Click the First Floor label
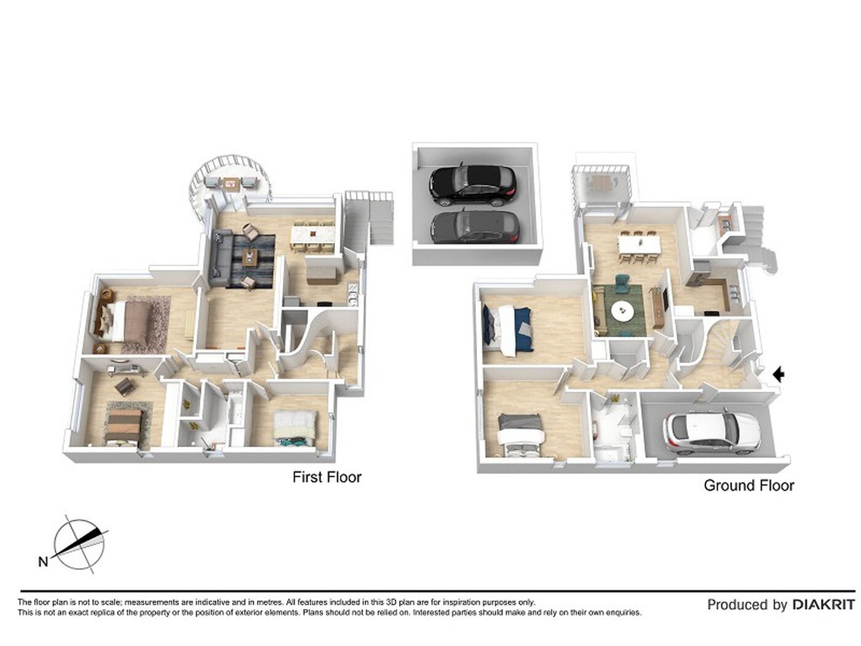[x=327, y=477]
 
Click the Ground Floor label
[x=748, y=485]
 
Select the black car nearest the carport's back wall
[x=473, y=186]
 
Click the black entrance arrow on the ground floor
[x=778, y=374]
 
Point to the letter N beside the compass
[x=43, y=562]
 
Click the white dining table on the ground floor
[x=639, y=244]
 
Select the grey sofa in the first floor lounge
[x=221, y=258]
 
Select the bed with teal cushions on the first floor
[x=294, y=428]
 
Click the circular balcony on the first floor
[x=229, y=180]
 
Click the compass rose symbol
[x=79, y=544]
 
